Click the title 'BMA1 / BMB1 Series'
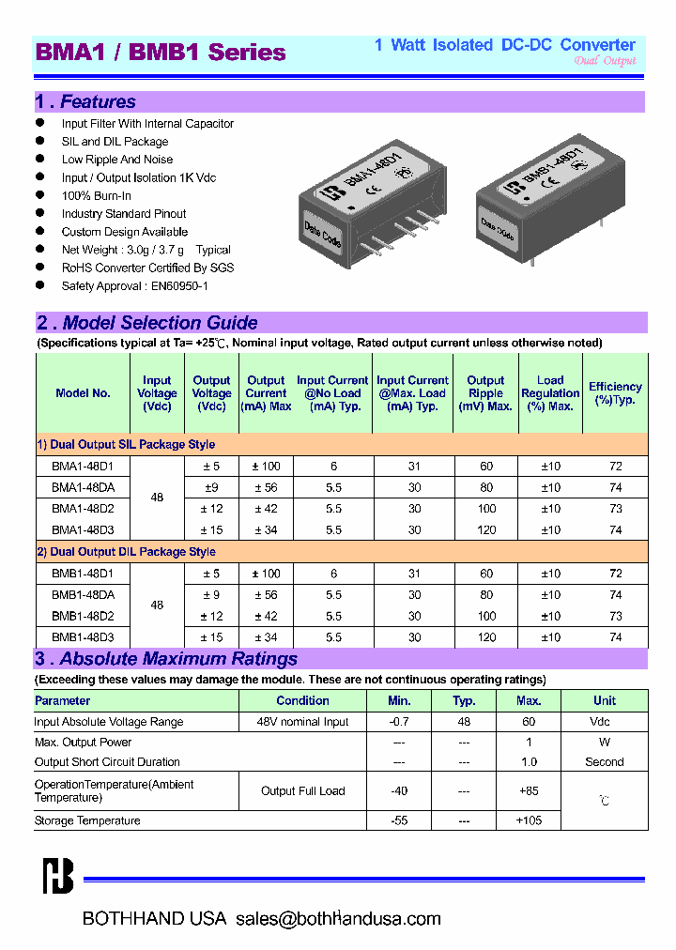point(161,53)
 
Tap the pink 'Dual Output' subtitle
point(605,60)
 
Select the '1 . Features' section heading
point(85,101)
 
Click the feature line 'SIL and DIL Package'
point(115,142)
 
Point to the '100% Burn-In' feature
point(96,195)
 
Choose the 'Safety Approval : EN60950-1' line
point(134,285)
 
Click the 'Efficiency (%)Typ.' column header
point(615,393)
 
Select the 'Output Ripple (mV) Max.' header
point(485,393)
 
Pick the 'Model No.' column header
point(83,393)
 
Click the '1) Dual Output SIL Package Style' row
point(126,444)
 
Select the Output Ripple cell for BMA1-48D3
point(486,530)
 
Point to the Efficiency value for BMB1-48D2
point(616,616)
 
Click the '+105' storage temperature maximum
point(529,820)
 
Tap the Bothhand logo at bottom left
point(57,877)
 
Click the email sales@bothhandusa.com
point(338,919)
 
